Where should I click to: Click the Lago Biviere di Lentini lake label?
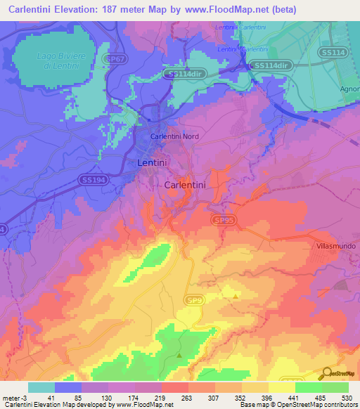(55, 60)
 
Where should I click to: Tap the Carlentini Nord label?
(176, 136)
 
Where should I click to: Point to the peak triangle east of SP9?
(235, 296)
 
